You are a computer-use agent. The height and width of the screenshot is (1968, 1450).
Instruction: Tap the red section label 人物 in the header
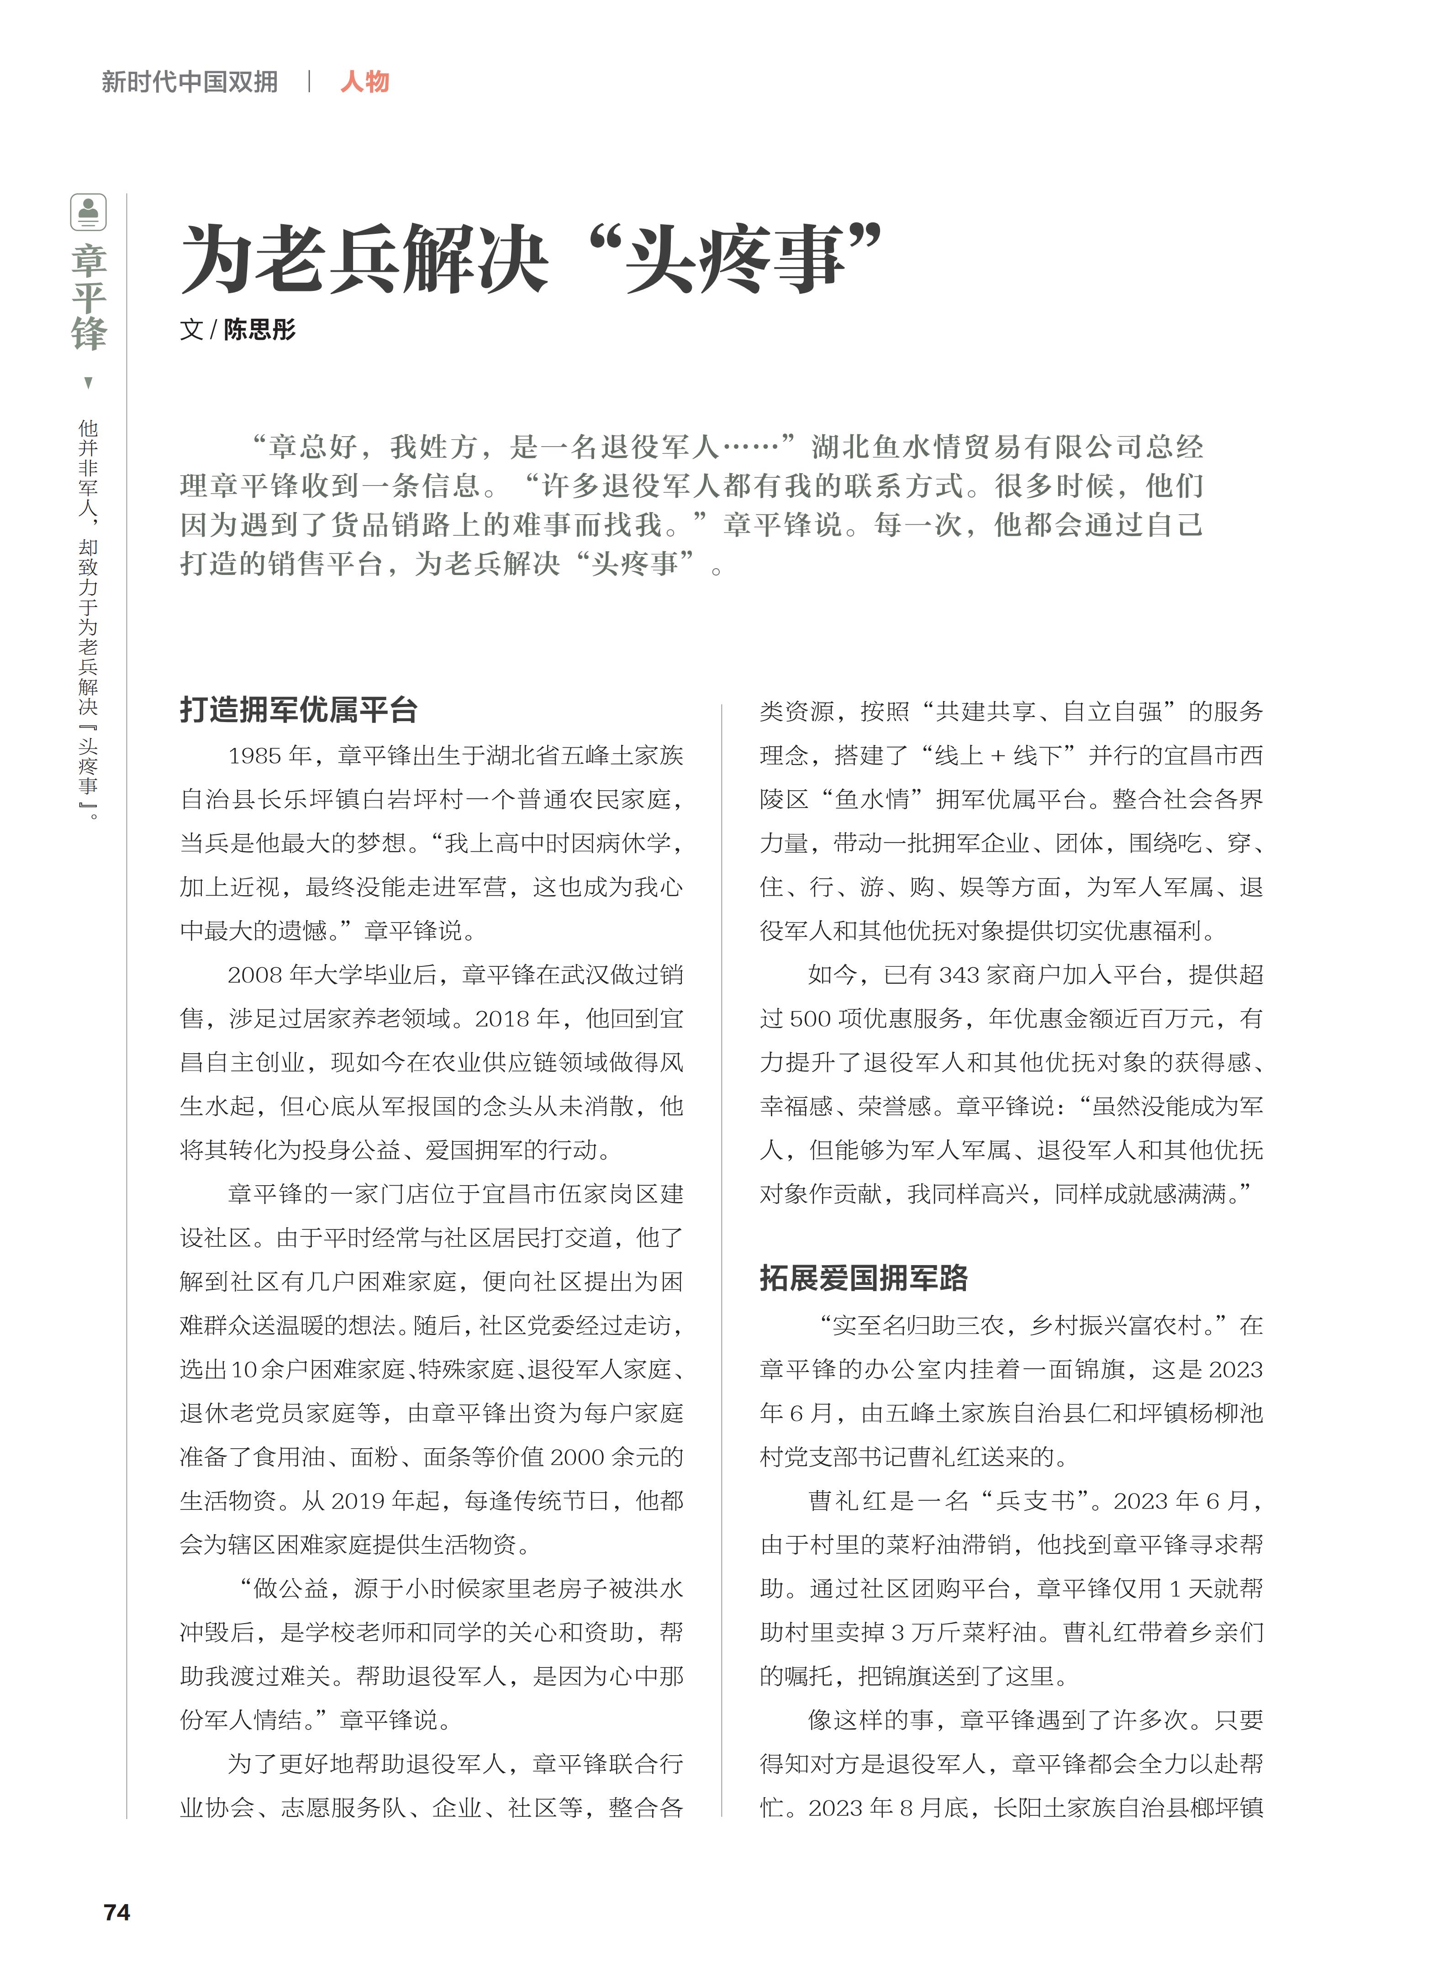click(x=364, y=82)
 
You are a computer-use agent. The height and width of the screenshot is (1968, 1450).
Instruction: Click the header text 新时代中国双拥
click(x=190, y=82)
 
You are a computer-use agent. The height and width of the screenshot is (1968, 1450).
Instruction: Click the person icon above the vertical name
click(x=89, y=211)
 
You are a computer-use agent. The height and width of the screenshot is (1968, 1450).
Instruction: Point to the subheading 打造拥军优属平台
click(x=298, y=709)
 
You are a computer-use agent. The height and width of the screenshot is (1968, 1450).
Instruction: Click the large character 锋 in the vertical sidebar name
click(x=89, y=334)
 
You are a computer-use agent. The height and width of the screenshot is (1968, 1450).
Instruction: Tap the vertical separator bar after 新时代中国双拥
click(x=309, y=82)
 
